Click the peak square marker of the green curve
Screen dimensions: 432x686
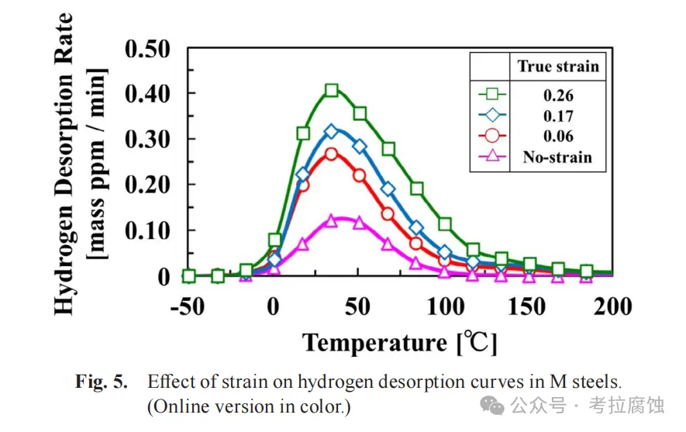(x=331, y=91)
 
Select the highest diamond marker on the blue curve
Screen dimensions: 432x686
(x=331, y=132)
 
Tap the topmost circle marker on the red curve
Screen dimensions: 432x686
(x=331, y=154)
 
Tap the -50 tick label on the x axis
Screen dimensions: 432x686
(x=187, y=306)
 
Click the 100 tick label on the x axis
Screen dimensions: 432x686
(x=444, y=306)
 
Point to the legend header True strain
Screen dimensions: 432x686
(x=558, y=66)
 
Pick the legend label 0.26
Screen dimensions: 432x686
(x=558, y=96)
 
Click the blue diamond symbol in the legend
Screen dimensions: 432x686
(x=491, y=116)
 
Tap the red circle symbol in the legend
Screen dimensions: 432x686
(x=491, y=137)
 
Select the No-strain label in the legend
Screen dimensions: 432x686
(x=558, y=157)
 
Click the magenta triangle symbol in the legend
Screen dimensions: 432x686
(x=491, y=157)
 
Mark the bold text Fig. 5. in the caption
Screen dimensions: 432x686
(x=101, y=382)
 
